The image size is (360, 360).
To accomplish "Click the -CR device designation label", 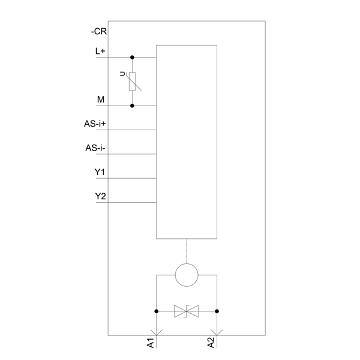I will pos(99,32).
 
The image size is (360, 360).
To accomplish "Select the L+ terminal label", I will pos(100,52).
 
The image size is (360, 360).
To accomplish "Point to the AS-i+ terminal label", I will pos(95,124).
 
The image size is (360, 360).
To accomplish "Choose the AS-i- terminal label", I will pos(96,148).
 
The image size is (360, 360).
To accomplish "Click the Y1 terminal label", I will pos(100,173).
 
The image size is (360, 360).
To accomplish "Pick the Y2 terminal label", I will pos(100,196).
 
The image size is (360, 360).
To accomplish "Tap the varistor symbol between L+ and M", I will pos(133,81).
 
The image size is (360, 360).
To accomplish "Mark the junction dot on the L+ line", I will pos(133,58).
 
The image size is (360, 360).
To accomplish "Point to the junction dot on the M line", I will pos(133,106).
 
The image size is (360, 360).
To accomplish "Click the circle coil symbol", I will pos(187,275).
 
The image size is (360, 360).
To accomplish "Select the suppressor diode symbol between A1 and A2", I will pos(187,311).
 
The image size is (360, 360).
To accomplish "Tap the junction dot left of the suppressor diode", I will pos(157,311).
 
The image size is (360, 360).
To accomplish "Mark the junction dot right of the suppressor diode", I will pos(217,311).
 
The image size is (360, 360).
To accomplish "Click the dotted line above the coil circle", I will pos(187,251).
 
